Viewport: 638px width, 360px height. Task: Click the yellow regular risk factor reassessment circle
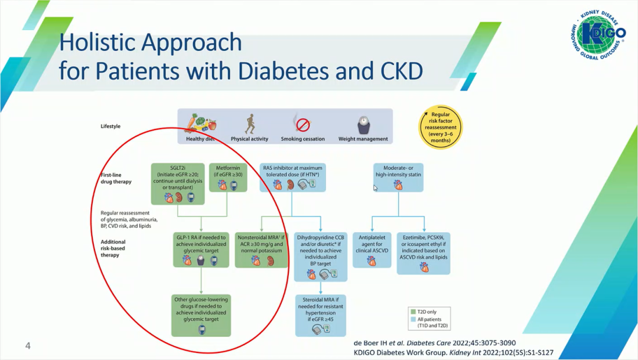(440, 127)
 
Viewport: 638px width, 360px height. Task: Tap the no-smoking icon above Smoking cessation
(302, 124)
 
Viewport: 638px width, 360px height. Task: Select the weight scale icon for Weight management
(363, 125)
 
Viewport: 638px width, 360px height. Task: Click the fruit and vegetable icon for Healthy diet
(199, 123)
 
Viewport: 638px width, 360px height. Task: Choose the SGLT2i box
(177, 183)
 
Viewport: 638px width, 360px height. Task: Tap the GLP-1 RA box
(201, 249)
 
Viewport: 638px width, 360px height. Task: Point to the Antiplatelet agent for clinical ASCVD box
(372, 249)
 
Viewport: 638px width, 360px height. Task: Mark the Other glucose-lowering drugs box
(201, 314)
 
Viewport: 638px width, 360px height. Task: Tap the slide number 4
(27, 345)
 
